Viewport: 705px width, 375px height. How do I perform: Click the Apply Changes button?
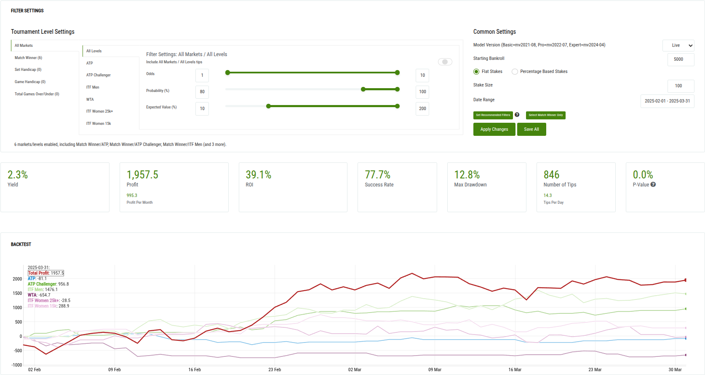point(494,129)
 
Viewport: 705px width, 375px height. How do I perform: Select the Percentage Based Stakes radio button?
point(515,72)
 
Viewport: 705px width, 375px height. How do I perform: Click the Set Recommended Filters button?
point(493,115)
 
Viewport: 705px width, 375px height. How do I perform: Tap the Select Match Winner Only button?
point(545,115)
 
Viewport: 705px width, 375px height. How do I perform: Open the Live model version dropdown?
point(678,46)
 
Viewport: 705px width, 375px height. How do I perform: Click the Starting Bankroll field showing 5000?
point(681,59)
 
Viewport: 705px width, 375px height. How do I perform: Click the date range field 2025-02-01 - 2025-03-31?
point(667,101)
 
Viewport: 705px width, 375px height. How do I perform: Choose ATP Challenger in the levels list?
point(99,75)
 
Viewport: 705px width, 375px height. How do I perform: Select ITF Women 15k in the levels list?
point(99,124)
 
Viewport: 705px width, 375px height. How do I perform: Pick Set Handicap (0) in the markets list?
point(28,70)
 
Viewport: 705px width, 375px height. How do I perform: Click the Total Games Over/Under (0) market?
point(37,94)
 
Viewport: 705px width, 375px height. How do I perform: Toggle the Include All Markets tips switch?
point(445,62)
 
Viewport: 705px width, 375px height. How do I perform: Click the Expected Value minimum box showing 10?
point(202,109)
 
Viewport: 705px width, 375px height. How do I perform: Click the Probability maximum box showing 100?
point(422,92)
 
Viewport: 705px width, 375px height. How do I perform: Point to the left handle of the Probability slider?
point(363,89)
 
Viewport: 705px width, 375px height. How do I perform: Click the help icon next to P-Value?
point(653,185)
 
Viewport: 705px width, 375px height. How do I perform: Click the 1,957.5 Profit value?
point(142,175)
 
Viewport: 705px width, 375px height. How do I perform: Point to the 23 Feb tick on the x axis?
point(275,370)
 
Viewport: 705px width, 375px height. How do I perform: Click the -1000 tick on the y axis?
point(17,365)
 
